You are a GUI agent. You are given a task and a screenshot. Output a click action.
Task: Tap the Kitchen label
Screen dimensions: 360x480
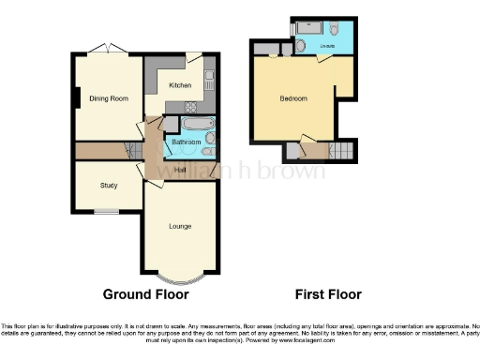pos(180,85)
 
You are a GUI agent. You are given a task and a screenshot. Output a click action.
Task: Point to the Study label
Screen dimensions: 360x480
pos(109,186)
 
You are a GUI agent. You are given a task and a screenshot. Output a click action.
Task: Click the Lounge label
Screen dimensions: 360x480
pos(181,226)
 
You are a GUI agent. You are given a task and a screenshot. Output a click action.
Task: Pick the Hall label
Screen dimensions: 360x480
pos(180,170)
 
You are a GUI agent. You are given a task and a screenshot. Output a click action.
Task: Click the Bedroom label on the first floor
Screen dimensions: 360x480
pos(293,98)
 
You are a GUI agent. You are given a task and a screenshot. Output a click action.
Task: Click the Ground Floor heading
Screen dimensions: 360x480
pos(145,294)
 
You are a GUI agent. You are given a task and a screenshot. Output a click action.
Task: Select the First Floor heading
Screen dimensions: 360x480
pos(328,294)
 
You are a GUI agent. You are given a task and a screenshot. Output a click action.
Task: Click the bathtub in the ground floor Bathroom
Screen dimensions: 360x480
pos(198,124)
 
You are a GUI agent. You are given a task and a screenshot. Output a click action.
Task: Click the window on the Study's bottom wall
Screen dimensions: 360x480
pos(105,213)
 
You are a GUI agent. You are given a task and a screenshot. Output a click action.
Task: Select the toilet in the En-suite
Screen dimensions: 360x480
pos(300,45)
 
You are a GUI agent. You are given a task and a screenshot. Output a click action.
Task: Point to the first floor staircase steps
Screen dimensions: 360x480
pos(343,150)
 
